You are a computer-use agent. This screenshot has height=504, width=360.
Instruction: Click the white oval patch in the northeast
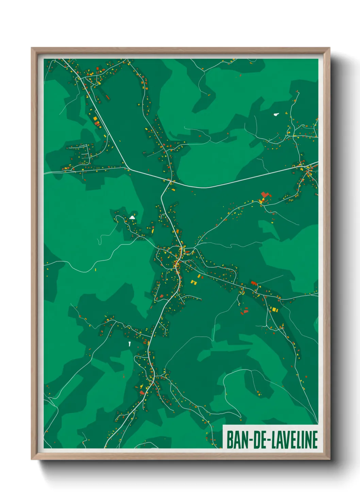click(276, 114)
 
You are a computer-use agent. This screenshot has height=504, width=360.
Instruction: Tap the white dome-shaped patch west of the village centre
click(132, 217)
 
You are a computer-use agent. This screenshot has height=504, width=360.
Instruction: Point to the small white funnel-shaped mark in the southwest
click(129, 344)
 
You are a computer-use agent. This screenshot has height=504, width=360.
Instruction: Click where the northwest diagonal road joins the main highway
click(128, 168)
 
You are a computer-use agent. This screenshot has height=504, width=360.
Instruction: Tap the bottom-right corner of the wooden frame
click(329, 459)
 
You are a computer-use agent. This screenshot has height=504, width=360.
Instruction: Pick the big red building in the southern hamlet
click(142, 392)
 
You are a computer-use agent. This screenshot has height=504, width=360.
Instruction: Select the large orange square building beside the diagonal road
click(96, 119)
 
